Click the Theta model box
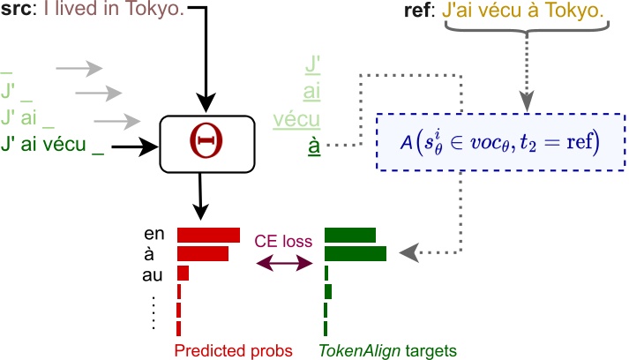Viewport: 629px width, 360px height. tap(206, 142)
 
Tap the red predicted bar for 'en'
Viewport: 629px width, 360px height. tap(208, 235)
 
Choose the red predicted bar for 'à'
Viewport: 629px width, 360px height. tap(203, 254)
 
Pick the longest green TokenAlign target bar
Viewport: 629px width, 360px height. tap(356, 254)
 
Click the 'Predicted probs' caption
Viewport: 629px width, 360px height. tap(233, 349)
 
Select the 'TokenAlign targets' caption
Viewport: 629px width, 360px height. tap(387, 349)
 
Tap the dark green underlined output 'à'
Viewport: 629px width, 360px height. tap(314, 143)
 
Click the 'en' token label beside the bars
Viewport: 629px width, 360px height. tap(155, 235)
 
